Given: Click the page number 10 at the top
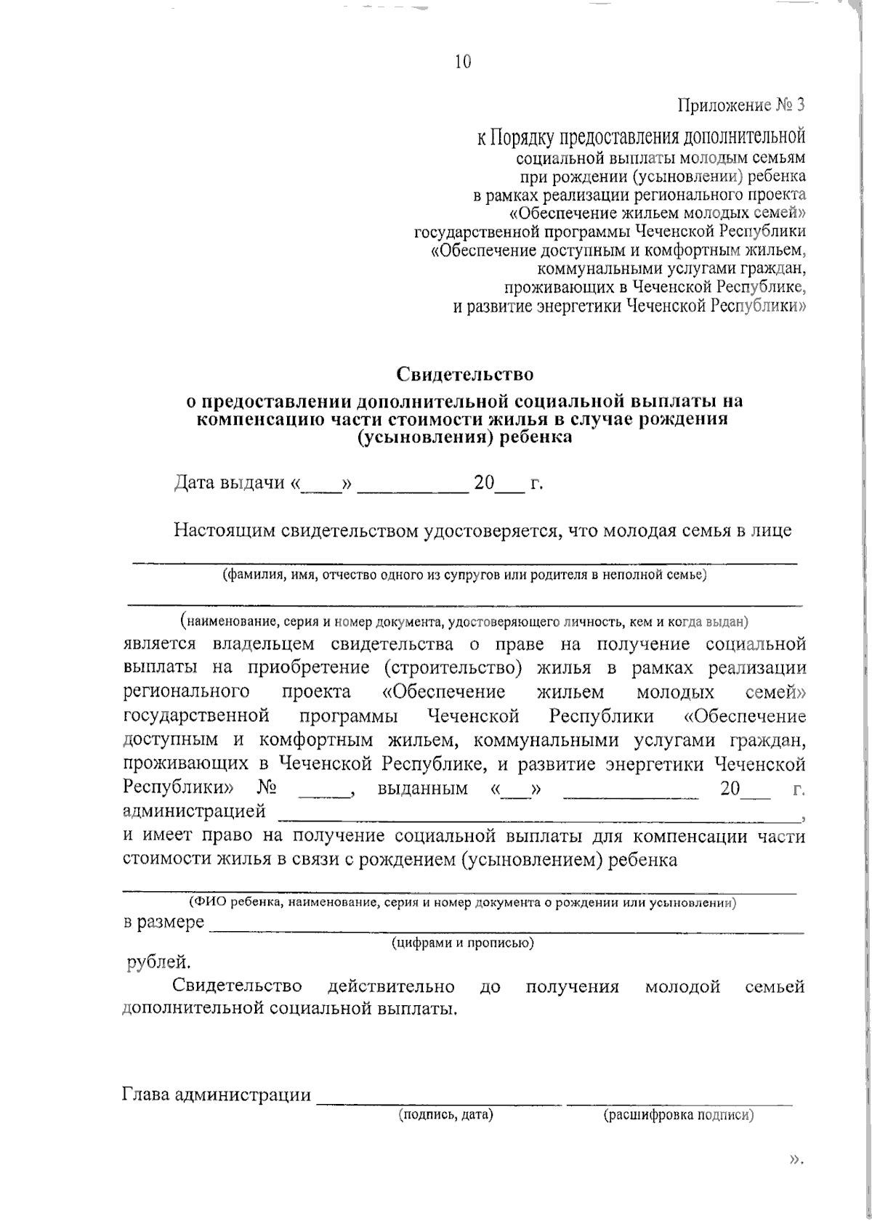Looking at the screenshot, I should tap(463, 62).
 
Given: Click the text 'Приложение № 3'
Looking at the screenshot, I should tap(741, 105).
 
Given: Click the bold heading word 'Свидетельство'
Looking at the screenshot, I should tap(465, 374).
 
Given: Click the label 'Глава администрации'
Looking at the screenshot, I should tap(216, 1095).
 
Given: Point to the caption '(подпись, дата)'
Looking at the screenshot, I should tap(445, 1115).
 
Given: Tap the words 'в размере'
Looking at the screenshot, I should tap(163, 923).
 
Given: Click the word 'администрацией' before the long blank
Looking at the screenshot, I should tap(194, 811).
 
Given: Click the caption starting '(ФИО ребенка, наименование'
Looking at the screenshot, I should tap(463, 903).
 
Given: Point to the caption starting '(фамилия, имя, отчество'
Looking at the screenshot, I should tap(464, 575).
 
